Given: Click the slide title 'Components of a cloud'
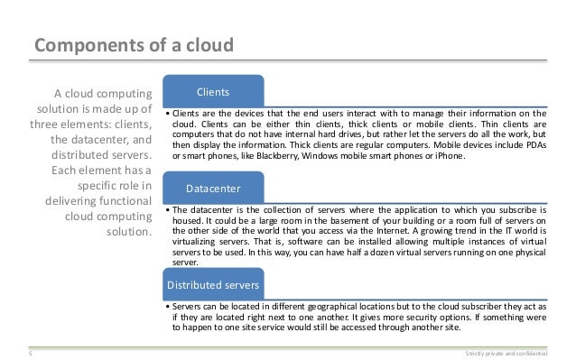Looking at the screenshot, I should (133, 46).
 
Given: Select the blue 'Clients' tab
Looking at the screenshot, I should (213, 91).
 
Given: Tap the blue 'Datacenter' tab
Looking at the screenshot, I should (213, 189).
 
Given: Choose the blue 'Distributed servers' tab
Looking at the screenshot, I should (213, 286).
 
